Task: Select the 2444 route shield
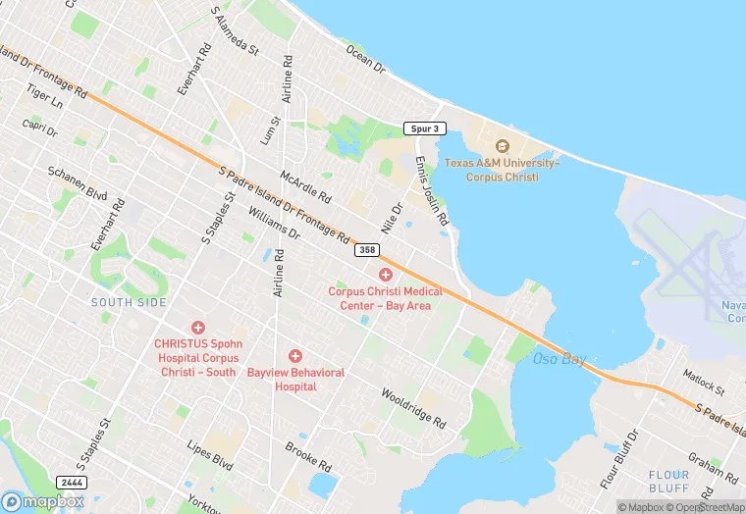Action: pyautogui.click(x=71, y=483)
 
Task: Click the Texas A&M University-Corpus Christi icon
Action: pyautogui.click(x=503, y=146)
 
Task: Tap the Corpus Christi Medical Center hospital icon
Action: pyautogui.click(x=386, y=275)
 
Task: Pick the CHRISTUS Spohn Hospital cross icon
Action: pyautogui.click(x=198, y=327)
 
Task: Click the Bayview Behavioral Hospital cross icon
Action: pyautogui.click(x=294, y=355)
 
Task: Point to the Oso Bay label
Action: pyautogui.click(x=559, y=359)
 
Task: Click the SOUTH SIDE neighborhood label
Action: pyautogui.click(x=129, y=302)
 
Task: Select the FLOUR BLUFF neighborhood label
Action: pyautogui.click(x=674, y=481)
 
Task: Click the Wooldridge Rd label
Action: pyautogui.click(x=413, y=409)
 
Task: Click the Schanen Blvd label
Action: pyautogui.click(x=78, y=182)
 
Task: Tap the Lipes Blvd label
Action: pyautogui.click(x=209, y=453)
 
